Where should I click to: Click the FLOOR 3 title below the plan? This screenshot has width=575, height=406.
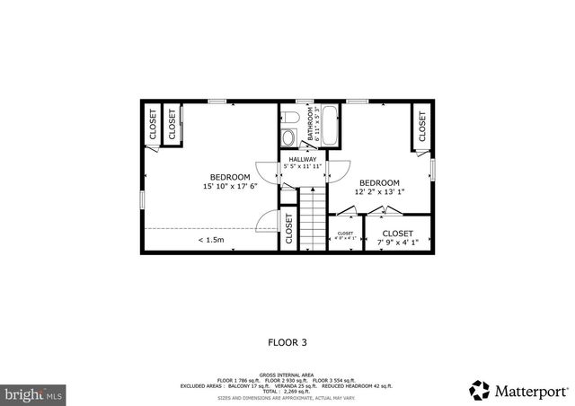pos(287,341)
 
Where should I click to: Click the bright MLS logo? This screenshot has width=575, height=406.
pos(33,393)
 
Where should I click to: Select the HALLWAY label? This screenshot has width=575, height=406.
pos(302,159)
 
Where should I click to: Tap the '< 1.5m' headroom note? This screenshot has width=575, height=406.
pos(212,240)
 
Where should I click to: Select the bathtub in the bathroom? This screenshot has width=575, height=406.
pos(329,127)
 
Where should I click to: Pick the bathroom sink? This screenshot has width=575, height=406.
pos(288,117)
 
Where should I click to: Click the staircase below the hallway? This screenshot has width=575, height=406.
pos(311,217)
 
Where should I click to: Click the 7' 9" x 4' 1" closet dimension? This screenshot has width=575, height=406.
pos(397,242)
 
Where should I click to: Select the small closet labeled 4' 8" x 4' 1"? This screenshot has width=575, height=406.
pos(346,236)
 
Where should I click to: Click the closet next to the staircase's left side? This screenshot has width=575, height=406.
pos(289,229)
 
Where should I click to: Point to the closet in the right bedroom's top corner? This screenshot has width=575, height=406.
pos(420,126)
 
